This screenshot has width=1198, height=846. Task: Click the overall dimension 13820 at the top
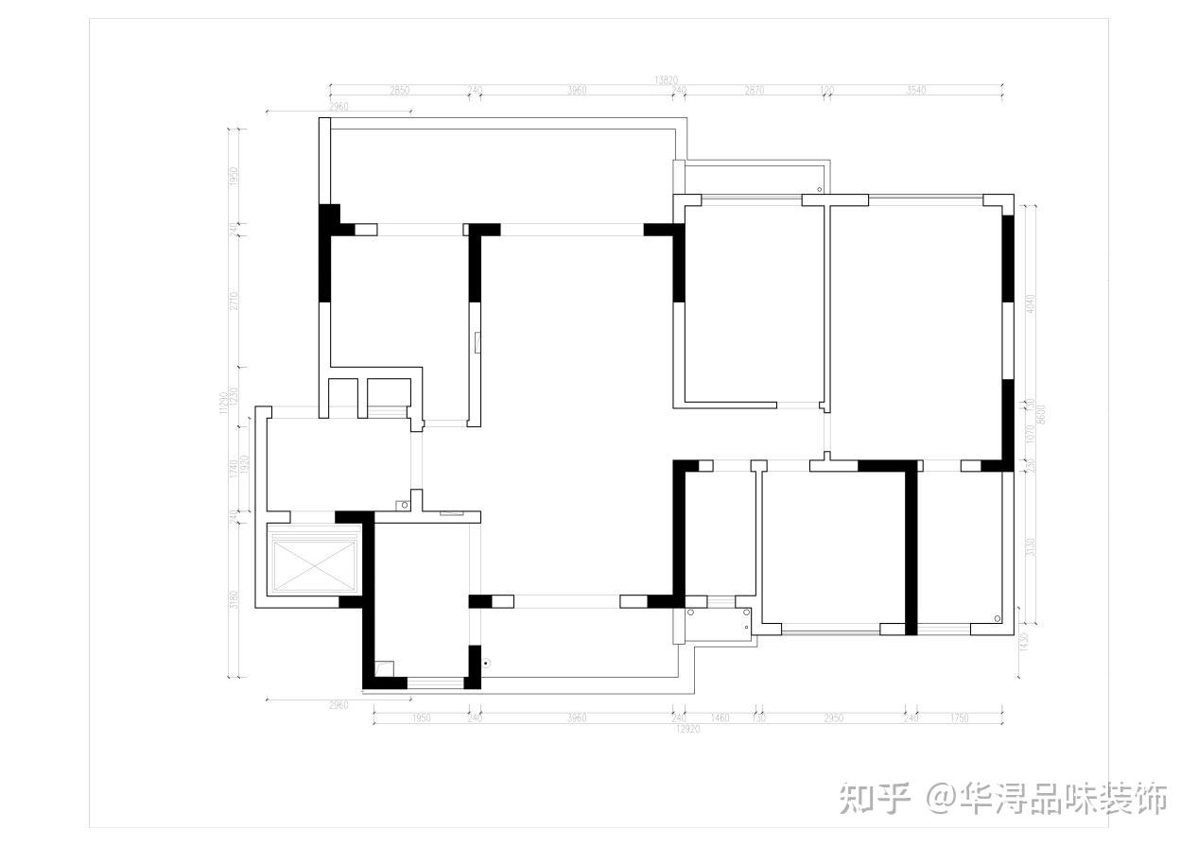tap(666, 81)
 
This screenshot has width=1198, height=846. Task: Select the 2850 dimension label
tap(399, 91)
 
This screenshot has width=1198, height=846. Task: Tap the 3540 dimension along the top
tap(915, 91)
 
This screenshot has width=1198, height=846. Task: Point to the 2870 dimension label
tap(754, 91)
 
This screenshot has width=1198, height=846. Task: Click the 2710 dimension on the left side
tap(234, 301)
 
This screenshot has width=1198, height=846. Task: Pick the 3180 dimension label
tap(234, 599)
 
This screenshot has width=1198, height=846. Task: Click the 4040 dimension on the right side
tap(1031, 304)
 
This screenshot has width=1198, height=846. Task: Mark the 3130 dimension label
tap(1031, 547)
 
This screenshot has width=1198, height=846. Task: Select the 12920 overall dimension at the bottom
tap(687, 729)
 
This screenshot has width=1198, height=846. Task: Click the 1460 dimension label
tap(720, 718)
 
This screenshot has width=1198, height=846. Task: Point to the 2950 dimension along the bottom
tap(833, 718)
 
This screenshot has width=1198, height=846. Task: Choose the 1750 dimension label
tap(959, 718)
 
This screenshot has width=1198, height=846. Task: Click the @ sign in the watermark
tap(942, 800)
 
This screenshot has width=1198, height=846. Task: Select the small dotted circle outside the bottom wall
tap(485, 663)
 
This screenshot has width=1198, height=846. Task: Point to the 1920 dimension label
tap(244, 465)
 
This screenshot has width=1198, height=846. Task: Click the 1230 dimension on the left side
tap(234, 396)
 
